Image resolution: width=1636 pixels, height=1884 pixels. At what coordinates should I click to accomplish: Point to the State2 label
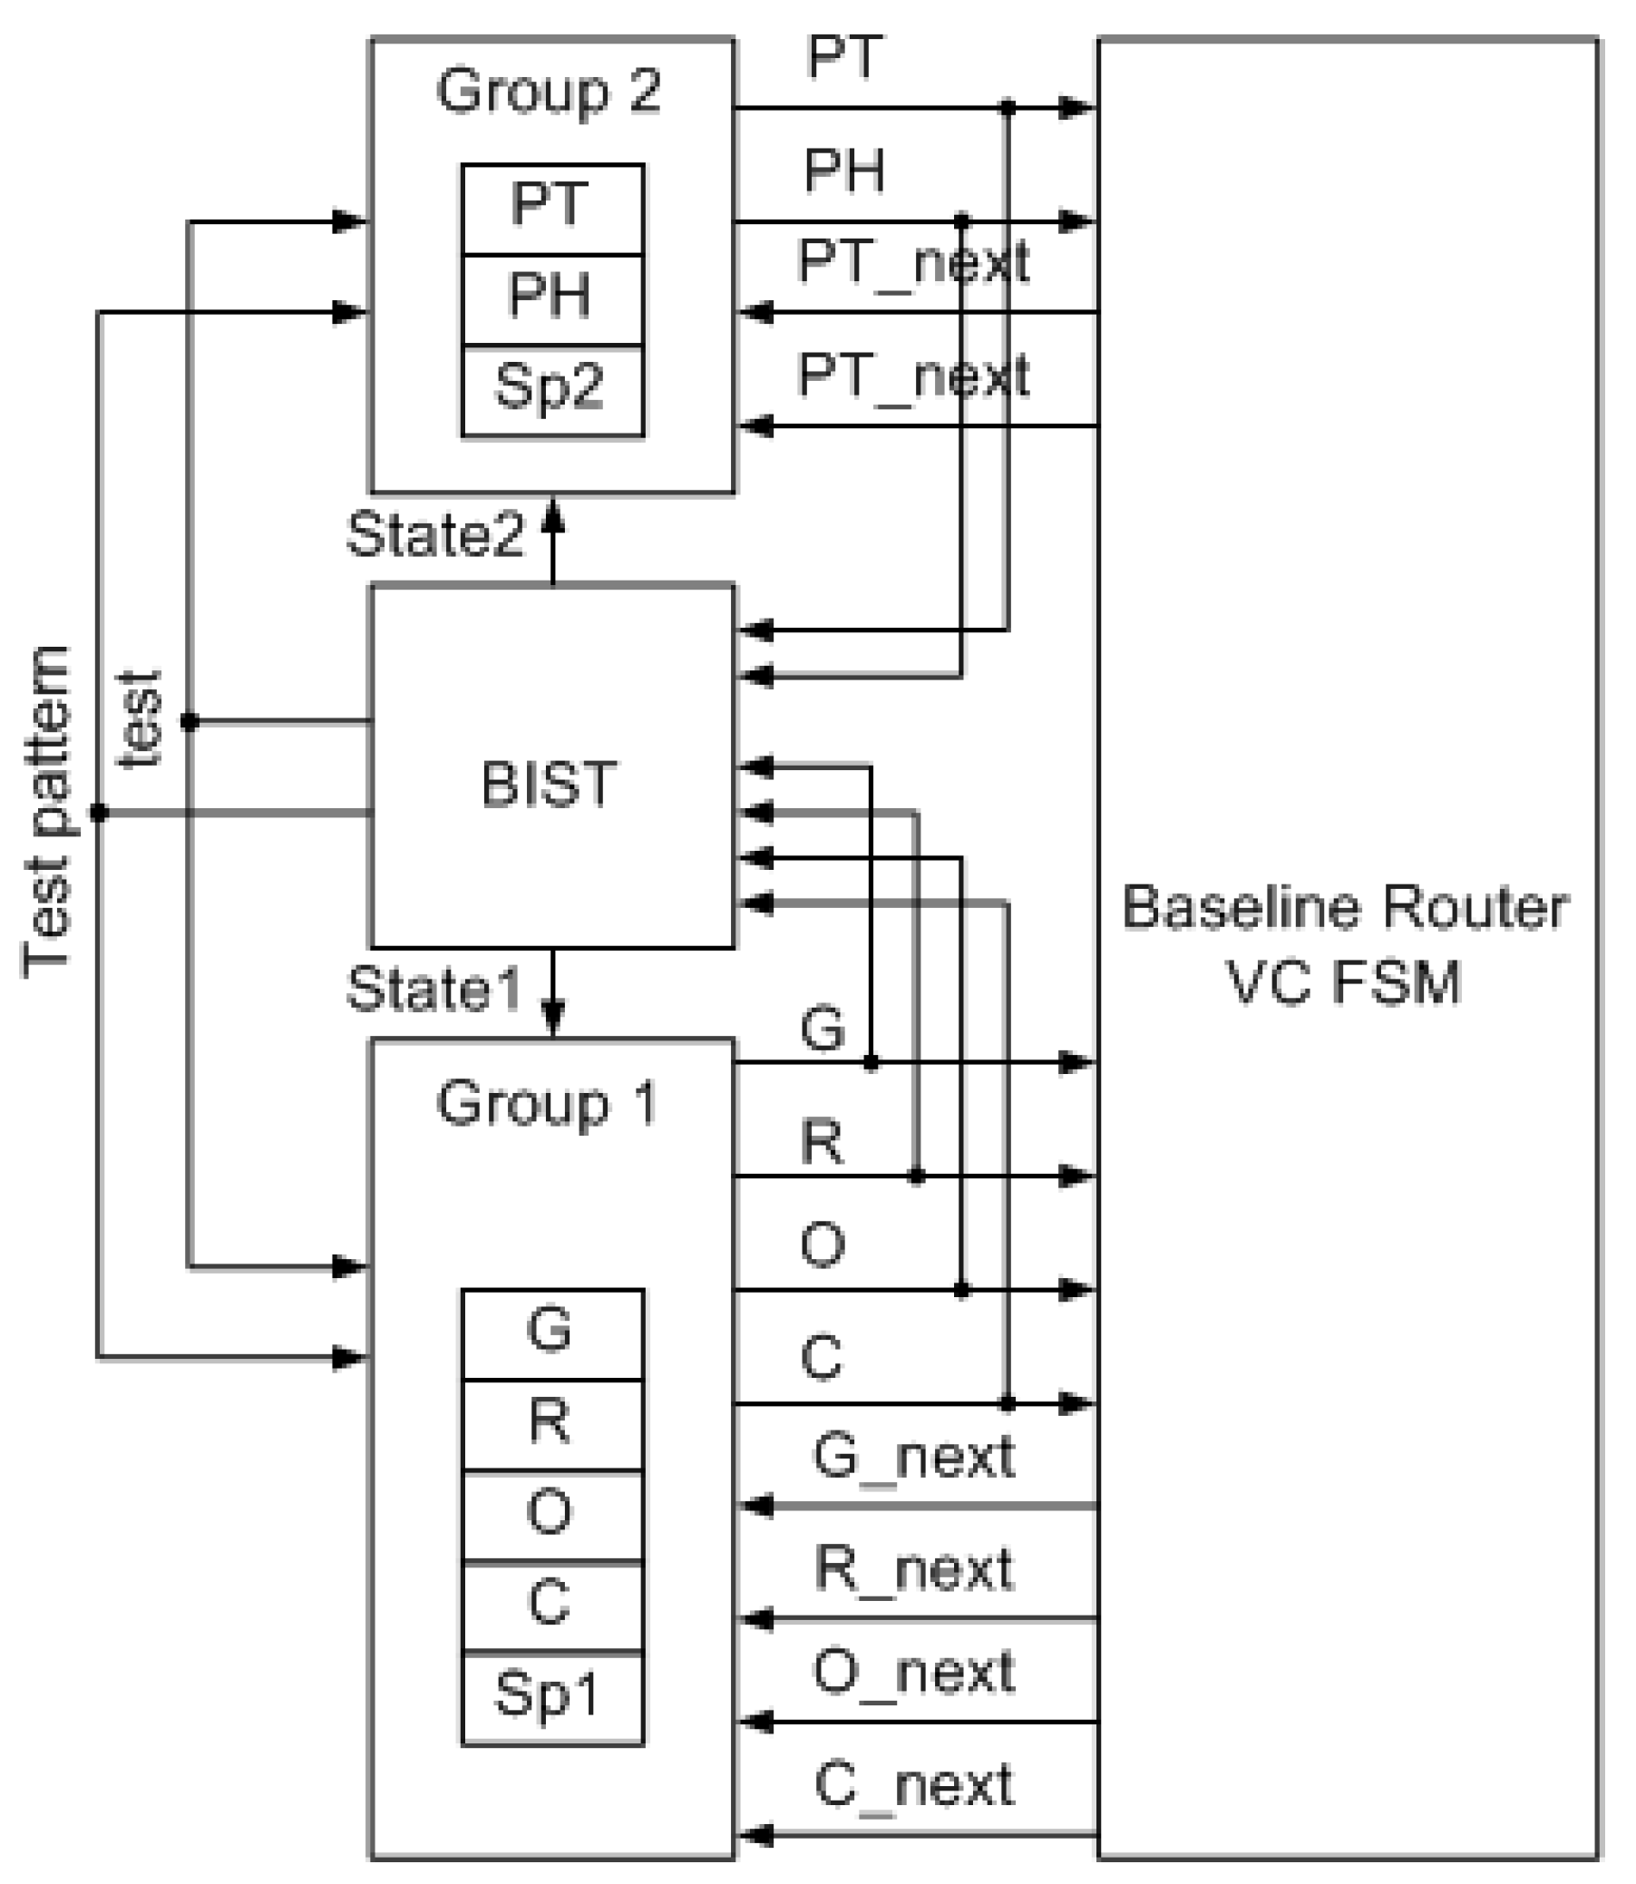[435, 535]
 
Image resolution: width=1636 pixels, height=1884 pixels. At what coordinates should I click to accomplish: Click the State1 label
[433, 988]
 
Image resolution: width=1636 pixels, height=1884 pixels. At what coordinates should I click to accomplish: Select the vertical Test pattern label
[47, 811]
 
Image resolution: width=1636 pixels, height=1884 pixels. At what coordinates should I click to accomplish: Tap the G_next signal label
[913, 1456]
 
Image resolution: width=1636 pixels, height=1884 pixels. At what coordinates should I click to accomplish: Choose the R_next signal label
[913, 1569]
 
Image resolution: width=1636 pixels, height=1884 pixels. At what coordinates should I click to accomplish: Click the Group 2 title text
[549, 92]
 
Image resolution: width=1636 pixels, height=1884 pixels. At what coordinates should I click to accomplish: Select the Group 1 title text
[547, 1103]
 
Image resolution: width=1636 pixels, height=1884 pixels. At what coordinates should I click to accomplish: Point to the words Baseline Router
[1345, 908]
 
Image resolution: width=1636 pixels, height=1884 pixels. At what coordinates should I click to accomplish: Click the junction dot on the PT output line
[1008, 108]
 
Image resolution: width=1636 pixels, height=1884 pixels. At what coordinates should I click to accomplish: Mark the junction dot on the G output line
[871, 1062]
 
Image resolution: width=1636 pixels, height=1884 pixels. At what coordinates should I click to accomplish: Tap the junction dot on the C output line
[1008, 1403]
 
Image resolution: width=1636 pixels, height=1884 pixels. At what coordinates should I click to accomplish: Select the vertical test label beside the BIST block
[141, 719]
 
